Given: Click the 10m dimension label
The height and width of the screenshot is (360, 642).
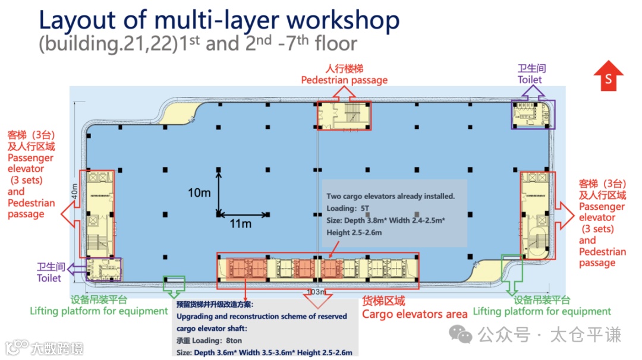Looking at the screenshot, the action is click(x=199, y=193).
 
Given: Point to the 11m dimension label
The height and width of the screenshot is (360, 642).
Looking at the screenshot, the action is click(x=241, y=224).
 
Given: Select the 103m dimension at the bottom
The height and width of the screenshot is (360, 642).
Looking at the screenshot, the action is click(x=316, y=292).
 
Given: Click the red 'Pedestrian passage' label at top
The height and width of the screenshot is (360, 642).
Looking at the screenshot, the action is click(x=344, y=80).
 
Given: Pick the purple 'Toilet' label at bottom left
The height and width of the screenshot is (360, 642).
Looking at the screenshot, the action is click(x=49, y=277).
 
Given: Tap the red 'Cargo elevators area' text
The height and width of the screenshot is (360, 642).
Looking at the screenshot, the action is click(x=415, y=314).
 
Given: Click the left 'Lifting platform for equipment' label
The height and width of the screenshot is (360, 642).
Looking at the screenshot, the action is click(x=99, y=311).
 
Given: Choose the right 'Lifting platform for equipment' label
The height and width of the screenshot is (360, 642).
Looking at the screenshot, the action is click(x=542, y=311).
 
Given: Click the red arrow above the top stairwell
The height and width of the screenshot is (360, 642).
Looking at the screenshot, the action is click(x=344, y=93).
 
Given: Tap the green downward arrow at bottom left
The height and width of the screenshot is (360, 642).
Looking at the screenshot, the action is click(x=174, y=286).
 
